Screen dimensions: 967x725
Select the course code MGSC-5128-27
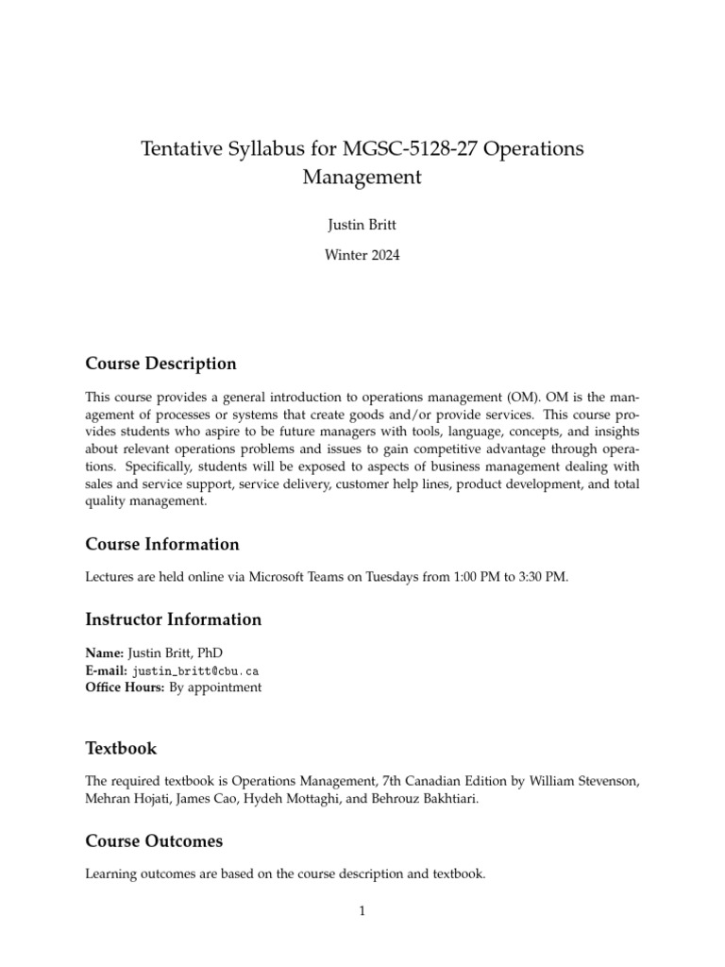click(x=394, y=149)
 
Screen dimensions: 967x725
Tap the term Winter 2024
click(x=362, y=254)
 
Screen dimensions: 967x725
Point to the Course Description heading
click(x=160, y=364)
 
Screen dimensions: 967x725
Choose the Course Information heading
click(x=161, y=544)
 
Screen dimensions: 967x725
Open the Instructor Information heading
click(x=173, y=619)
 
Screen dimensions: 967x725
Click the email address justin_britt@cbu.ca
click(x=194, y=670)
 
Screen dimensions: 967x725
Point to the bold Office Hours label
click(x=125, y=687)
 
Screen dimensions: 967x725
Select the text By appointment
click(x=215, y=687)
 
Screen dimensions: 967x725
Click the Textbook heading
click(x=121, y=748)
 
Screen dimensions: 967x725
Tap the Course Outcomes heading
click(x=154, y=840)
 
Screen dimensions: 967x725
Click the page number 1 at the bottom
click(x=362, y=910)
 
